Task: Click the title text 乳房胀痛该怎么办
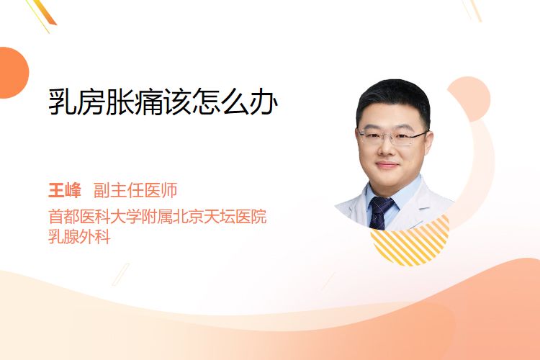coord(163,102)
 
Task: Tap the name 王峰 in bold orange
coord(65,190)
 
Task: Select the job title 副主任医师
coord(135,190)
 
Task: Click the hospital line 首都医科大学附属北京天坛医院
coord(158,216)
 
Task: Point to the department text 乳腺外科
coord(79,236)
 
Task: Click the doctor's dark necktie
coord(379,212)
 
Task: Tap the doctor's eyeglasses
coord(392,137)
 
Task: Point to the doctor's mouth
coord(386,166)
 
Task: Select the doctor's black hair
coord(393,98)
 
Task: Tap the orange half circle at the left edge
coord(13,73)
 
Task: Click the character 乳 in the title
coord(62,102)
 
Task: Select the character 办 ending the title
coord(264,102)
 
